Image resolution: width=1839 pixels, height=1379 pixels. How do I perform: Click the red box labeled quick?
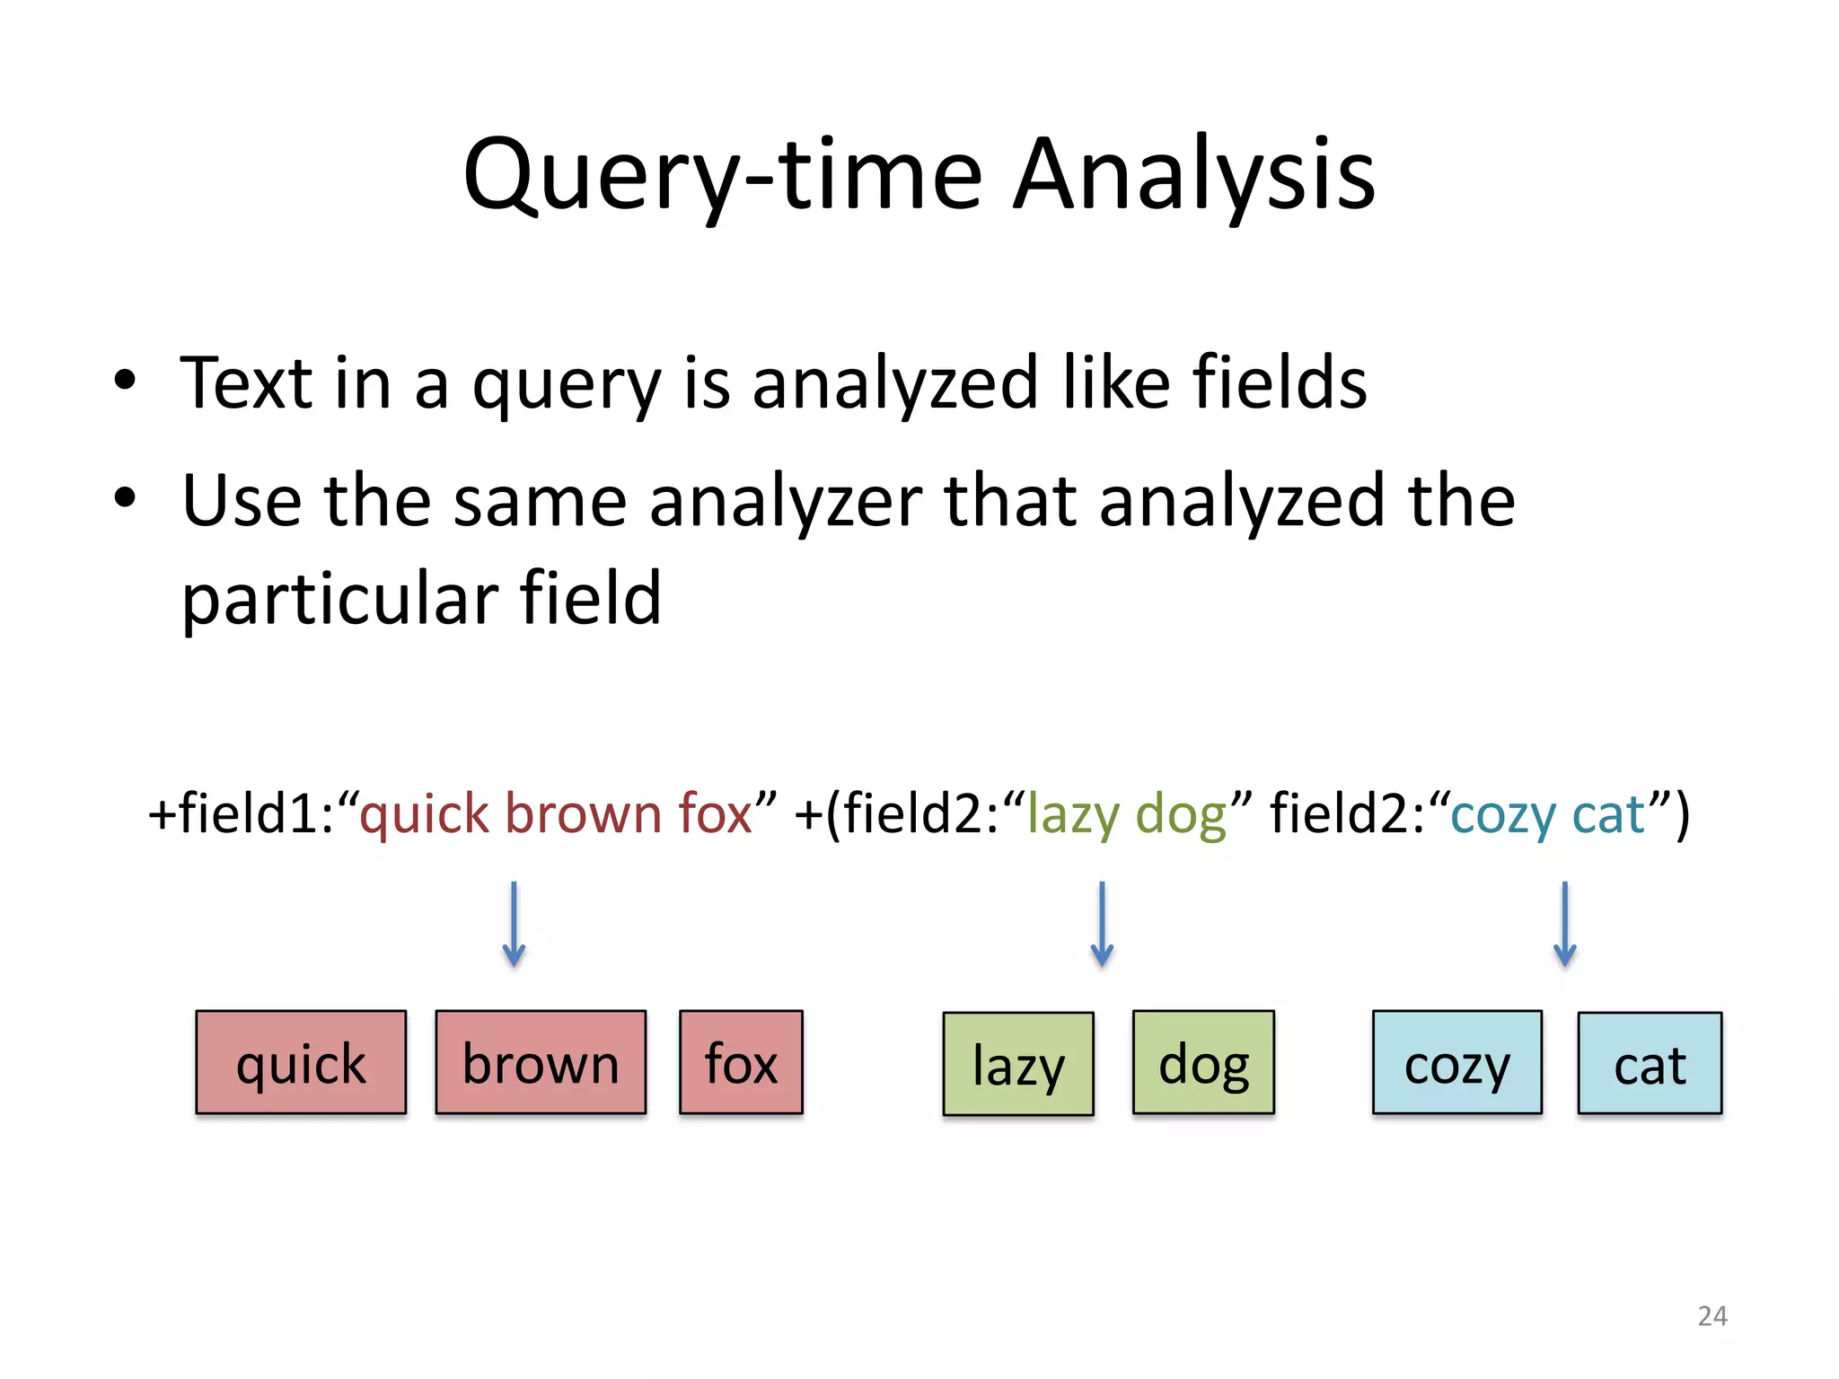click(x=301, y=1063)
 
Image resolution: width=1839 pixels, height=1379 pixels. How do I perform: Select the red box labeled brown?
click(x=541, y=1063)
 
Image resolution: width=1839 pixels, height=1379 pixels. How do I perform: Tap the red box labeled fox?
click(x=741, y=1063)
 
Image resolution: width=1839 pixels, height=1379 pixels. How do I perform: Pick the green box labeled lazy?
click(x=1018, y=1065)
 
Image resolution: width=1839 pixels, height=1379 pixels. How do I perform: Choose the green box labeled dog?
click(x=1203, y=1063)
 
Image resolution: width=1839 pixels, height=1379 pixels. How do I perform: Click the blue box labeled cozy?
click(x=1456, y=1063)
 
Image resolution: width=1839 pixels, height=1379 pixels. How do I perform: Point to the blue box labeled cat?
click(x=1650, y=1064)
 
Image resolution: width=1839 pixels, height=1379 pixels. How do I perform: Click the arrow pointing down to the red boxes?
click(x=514, y=924)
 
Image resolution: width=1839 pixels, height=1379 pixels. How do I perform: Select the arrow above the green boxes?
click(x=1102, y=924)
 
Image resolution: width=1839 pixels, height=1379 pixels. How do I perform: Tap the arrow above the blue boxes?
click(x=1564, y=924)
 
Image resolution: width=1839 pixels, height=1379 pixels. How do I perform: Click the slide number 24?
click(x=1712, y=1316)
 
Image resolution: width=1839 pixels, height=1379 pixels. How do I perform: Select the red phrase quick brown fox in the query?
click(x=556, y=814)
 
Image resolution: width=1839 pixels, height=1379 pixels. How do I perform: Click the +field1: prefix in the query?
click(x=242, y=814)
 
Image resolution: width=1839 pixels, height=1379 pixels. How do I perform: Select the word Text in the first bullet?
click(x=246, y=383)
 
